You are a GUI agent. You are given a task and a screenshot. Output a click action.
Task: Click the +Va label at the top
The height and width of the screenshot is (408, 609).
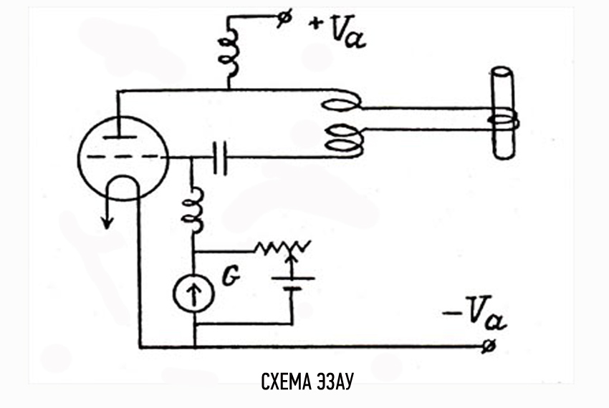coord(337,32)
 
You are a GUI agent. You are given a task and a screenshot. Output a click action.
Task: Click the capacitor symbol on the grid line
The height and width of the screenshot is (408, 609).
coord(221,157)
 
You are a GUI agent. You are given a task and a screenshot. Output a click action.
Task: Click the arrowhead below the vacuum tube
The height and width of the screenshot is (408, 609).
coord(107,221)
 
